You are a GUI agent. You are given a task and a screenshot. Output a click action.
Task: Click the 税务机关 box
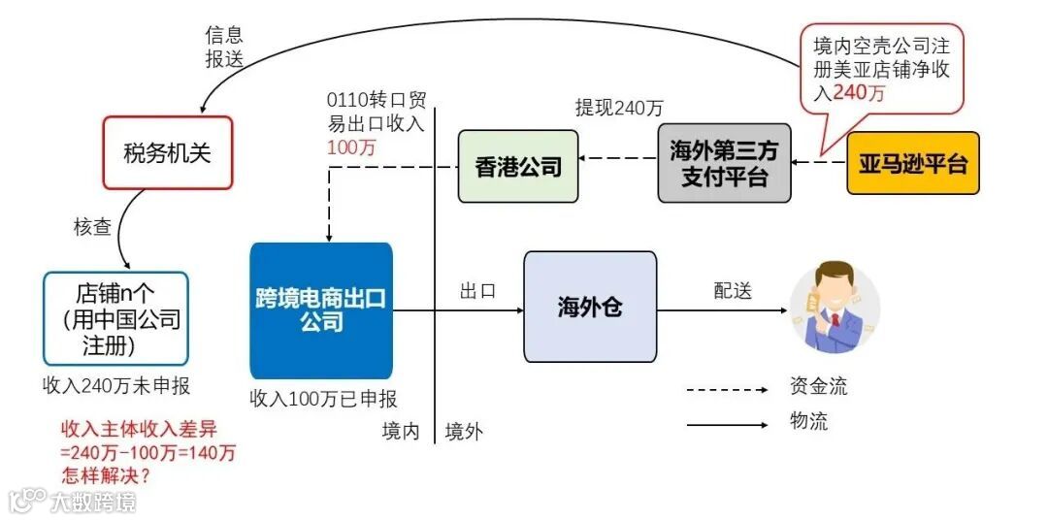(167, 152)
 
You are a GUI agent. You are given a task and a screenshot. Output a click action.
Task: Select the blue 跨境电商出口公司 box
(321, 309)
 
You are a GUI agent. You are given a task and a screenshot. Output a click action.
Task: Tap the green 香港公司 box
(518, 166)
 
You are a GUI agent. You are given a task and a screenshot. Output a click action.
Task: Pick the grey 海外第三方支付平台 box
(724, 163)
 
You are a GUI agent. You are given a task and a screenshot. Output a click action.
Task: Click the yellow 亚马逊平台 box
(913, 163)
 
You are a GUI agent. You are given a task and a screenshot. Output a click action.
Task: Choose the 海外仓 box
(590, 307)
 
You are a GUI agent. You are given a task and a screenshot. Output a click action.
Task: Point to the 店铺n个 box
(116, 318)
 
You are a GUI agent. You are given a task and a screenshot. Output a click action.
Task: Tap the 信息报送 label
(224, 46)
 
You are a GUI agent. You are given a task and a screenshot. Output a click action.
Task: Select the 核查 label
(93, 227)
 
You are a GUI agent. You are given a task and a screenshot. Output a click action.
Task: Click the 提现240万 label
(619, 108)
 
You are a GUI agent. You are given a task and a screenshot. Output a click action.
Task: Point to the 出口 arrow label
(477, 291)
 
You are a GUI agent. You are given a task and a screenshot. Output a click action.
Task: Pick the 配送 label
(734, 291)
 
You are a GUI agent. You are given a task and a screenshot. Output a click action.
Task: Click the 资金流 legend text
(819, 386)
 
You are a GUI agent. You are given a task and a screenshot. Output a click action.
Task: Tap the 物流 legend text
(809, 422)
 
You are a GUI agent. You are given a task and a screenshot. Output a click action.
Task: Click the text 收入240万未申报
(116, 385)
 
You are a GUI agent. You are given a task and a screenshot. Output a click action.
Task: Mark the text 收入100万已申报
(323, 398)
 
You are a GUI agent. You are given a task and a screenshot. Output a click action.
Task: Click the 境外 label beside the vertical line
(463, 432)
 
